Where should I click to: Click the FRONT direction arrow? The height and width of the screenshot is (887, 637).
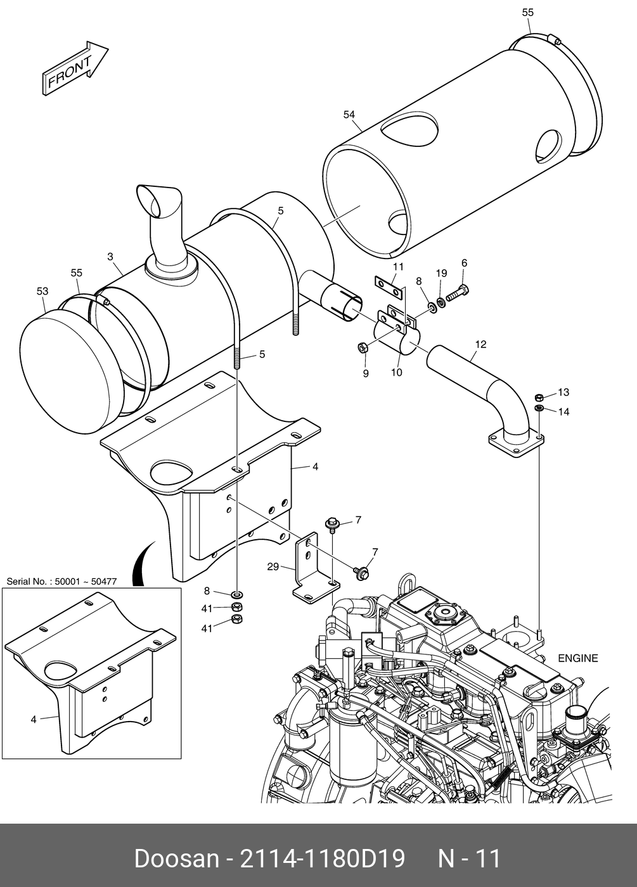[75, 68]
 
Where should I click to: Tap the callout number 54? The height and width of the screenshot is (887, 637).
[349, 115]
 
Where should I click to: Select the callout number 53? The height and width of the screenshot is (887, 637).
[42, 291]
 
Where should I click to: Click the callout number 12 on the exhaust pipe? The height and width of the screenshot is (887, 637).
[480, 345]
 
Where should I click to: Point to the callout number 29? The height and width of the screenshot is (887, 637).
[273, 567]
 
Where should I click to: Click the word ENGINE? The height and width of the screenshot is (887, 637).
[578, 658]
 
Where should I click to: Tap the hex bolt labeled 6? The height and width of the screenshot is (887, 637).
[458, 294]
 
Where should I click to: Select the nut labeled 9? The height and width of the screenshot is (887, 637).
[362, 348]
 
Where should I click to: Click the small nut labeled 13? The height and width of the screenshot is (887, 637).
[539, 397]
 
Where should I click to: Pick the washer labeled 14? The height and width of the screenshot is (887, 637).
[539, 408]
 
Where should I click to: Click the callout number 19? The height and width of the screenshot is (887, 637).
[441, 273]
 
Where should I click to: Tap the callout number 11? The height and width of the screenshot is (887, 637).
[398, 267]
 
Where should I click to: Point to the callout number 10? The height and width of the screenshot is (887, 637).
[397, 373]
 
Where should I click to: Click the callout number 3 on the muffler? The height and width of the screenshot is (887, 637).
[110, 257]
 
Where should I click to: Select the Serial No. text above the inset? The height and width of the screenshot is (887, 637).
[62, 582]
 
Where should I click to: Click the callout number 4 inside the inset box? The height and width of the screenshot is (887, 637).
[33, 720]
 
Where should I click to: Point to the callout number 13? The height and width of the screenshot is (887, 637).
[563, 392]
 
